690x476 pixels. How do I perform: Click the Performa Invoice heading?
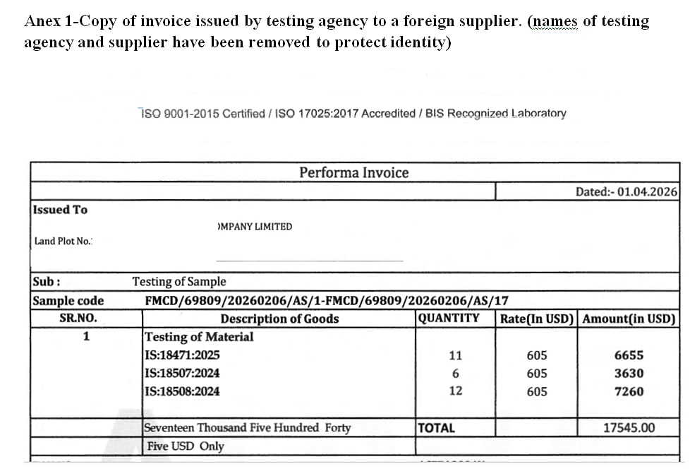pos(353,172)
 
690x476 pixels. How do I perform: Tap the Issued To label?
pos(61,210)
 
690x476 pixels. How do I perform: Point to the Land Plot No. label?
pos(63,241)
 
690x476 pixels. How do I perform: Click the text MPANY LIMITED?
pos(255,227)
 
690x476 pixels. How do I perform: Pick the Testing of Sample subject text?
pos(179,281)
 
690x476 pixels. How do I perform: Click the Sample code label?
pos(68,301)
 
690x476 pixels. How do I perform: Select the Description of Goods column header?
pos(279,319)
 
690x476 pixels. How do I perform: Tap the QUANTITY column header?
pos(449,318)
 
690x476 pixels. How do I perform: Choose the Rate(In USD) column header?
pos(538,319)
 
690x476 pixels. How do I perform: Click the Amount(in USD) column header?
pos(629,319)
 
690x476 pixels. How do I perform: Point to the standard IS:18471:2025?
pos(182,355)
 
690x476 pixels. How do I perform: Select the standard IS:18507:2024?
pos(182,373)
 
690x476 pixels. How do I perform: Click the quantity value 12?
pos(456,391)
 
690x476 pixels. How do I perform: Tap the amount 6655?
pos(629,355)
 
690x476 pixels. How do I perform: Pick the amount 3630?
pos(629,373)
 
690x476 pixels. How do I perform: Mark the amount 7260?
pos(629,391)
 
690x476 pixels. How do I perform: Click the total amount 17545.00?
pos(629,427)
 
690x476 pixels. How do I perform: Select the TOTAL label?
pos(437,427)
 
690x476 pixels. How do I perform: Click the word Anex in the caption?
pos(42,20)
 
